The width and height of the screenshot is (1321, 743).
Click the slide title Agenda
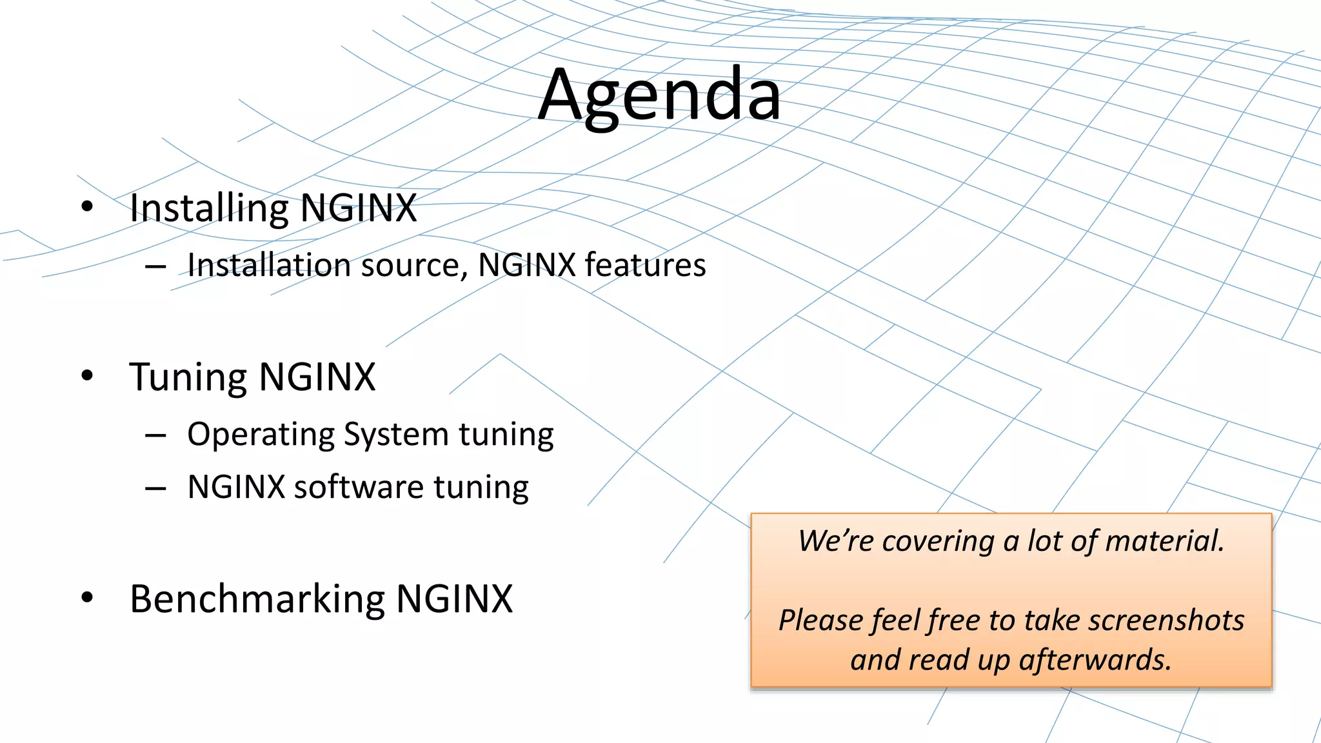pos(659,95)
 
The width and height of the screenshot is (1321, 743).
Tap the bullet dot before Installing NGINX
pos(87,207)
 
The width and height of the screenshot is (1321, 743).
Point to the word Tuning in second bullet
pos(188,377)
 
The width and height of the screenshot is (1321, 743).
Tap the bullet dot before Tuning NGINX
pos(87,375)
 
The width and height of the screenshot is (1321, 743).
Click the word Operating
pos(261,435)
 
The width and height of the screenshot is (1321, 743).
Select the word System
pos(397,435)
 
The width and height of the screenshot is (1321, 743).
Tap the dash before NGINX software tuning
pos(155,489)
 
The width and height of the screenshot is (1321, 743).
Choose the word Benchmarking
pos(257,599)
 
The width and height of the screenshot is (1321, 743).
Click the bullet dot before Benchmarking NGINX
pos(87,597)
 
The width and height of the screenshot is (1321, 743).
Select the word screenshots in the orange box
pos(1166,620)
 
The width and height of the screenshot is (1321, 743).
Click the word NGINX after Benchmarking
pos(454,599)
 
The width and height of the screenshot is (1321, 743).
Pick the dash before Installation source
pos(155,266)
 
